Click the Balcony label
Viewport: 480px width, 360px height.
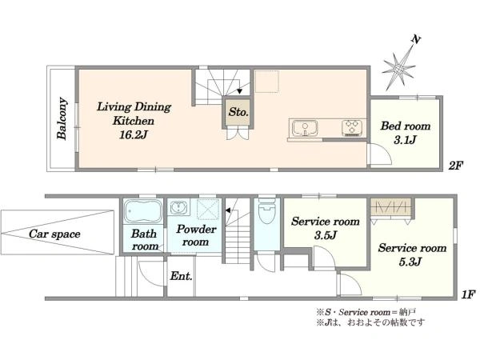(62, 118)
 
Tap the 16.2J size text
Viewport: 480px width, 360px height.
(133, 134)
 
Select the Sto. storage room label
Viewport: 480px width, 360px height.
(238, 112)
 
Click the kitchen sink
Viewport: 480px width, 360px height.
(305, 128)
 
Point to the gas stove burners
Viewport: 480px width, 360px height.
(352, 128)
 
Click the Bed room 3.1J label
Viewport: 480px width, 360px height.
(406, 133)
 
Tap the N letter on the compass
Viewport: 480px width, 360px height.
(416, 39)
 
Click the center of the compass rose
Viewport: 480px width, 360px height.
(398, 70)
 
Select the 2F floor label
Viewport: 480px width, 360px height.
(455, 166)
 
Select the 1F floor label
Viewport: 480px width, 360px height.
(468, 294)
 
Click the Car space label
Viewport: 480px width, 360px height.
(54, 234)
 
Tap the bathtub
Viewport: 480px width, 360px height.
(143, 211)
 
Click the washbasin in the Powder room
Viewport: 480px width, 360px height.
(178, 208)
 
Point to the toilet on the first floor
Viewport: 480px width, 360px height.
(267, 212)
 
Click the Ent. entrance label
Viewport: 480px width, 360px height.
(181, 276)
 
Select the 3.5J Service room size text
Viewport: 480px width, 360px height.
(325, 235)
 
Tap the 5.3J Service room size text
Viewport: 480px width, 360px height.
(410, 262)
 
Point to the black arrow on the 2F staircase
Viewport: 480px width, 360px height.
(240, 91)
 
